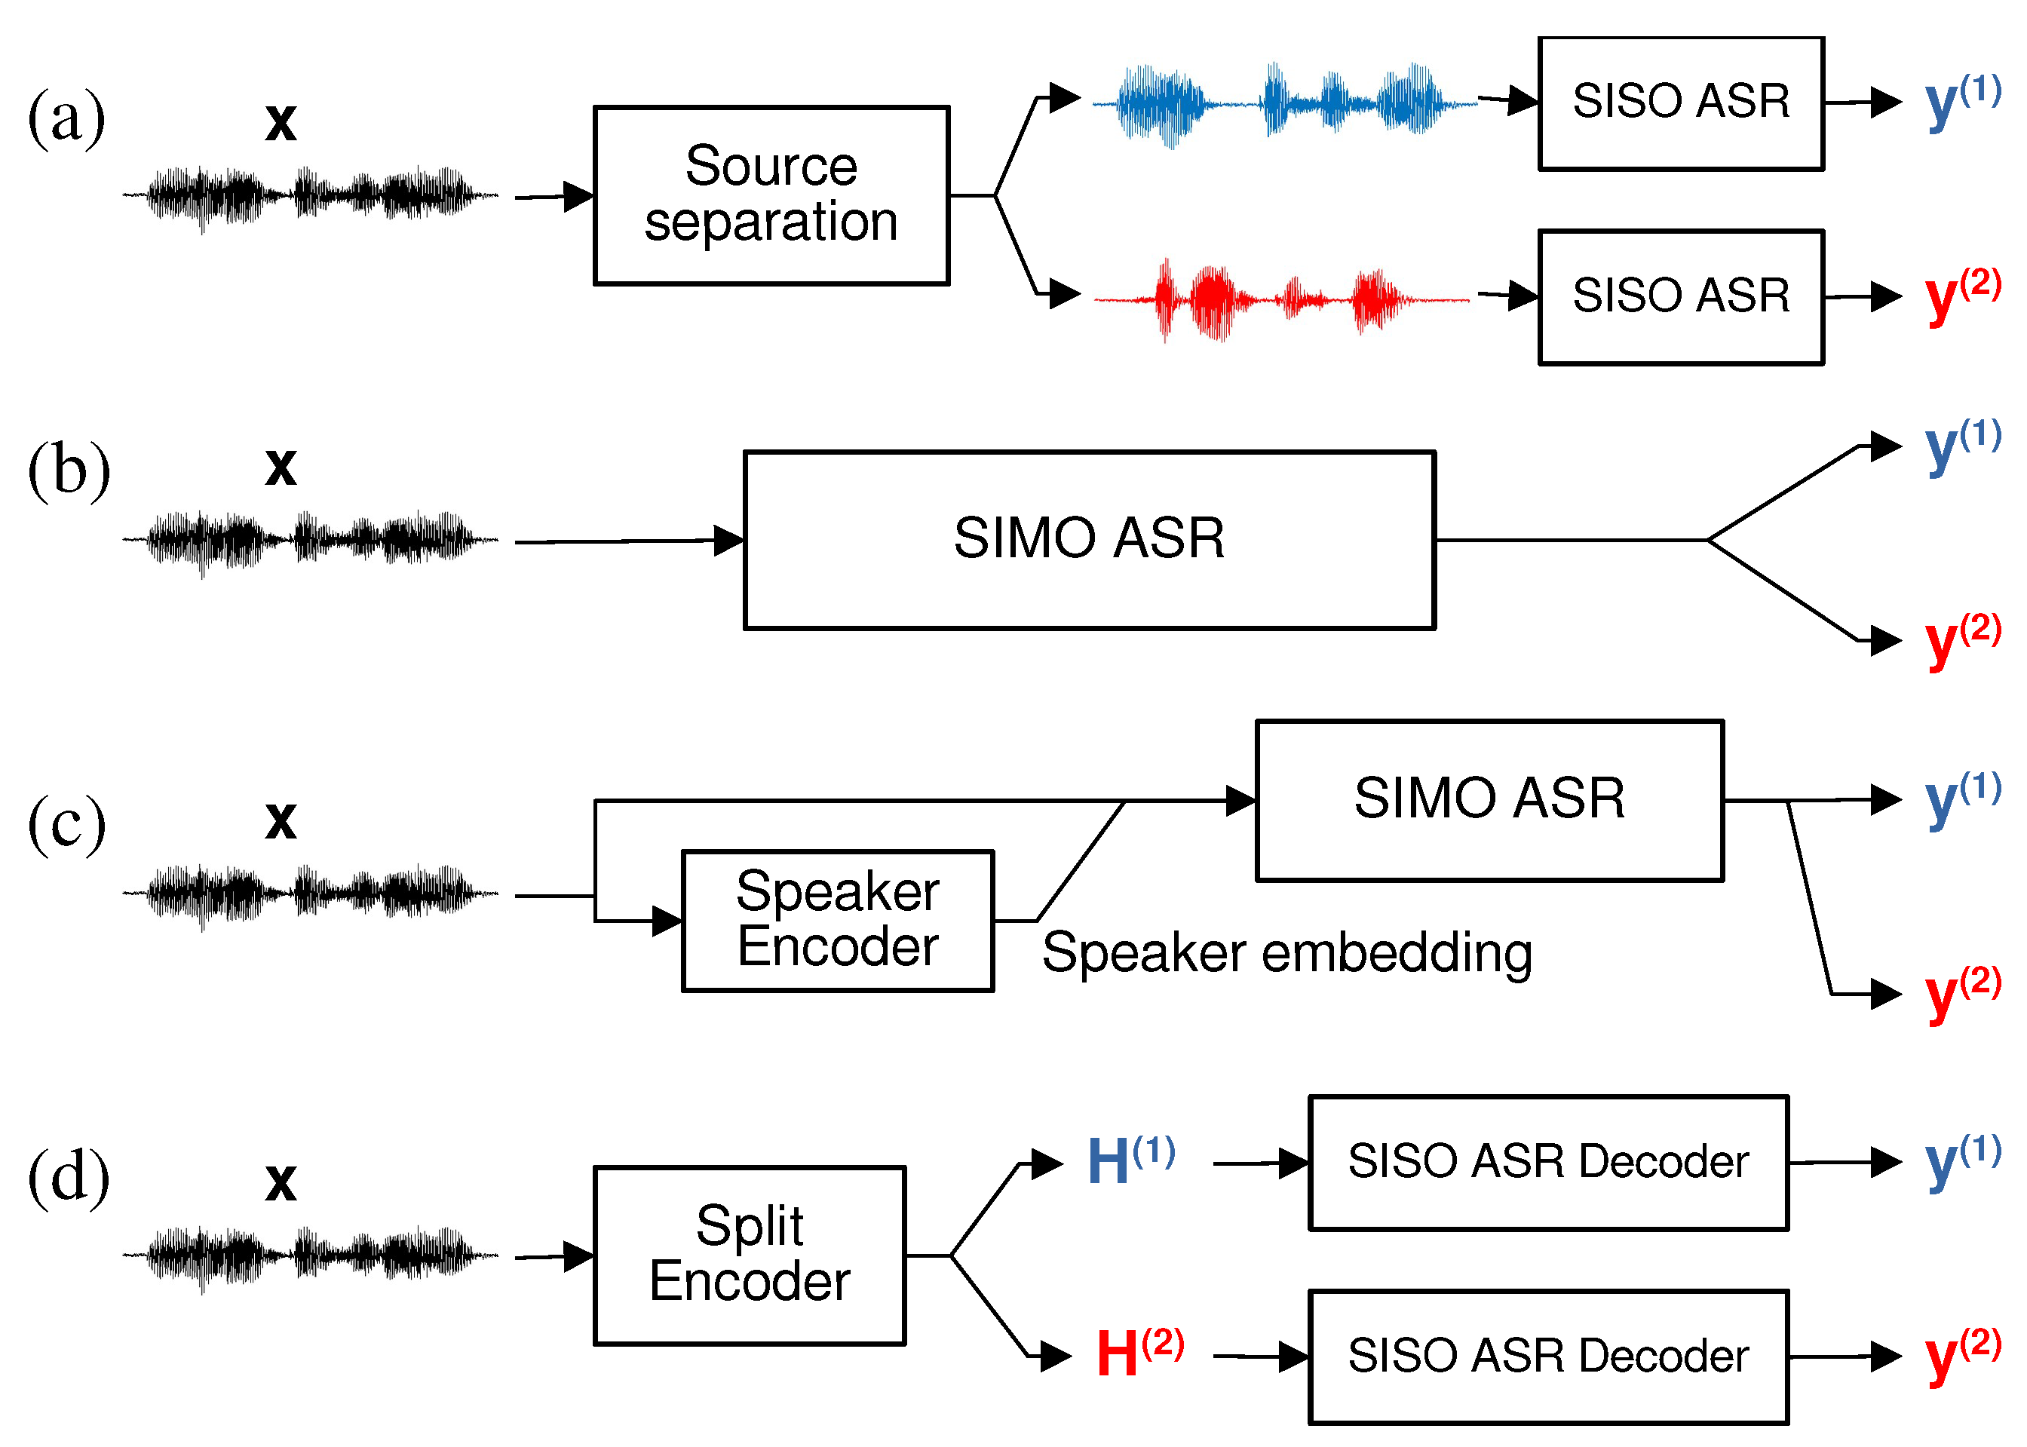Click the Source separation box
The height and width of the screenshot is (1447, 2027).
pyautogui.click(x=771, y=195)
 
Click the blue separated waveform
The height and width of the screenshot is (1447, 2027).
pyautogui.click(x=1283, y=103)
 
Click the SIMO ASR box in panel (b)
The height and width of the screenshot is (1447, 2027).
pyautogui.click(x=1089, y=539)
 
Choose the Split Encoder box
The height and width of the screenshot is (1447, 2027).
pyautogui.click(x=750, y=1255)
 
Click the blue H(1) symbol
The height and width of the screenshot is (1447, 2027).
pyautogui.click(x=1130, y=1160)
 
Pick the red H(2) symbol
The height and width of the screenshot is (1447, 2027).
pyautogui.click(x=1139, y=1353)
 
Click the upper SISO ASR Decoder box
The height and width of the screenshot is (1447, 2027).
pyautogui.click(x=1547, y=1162)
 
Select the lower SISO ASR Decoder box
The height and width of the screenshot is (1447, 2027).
pyautogui.click(x=1547, y=1356)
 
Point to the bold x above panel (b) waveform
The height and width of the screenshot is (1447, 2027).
pyautogui.click(x=281, y=466)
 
